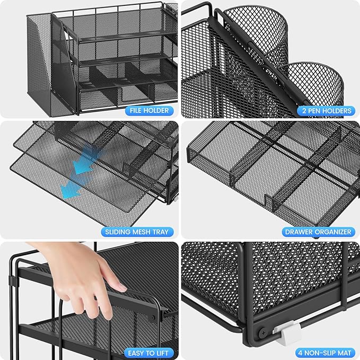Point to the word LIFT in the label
tap(161, 353)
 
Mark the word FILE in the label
tap(135, 111)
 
